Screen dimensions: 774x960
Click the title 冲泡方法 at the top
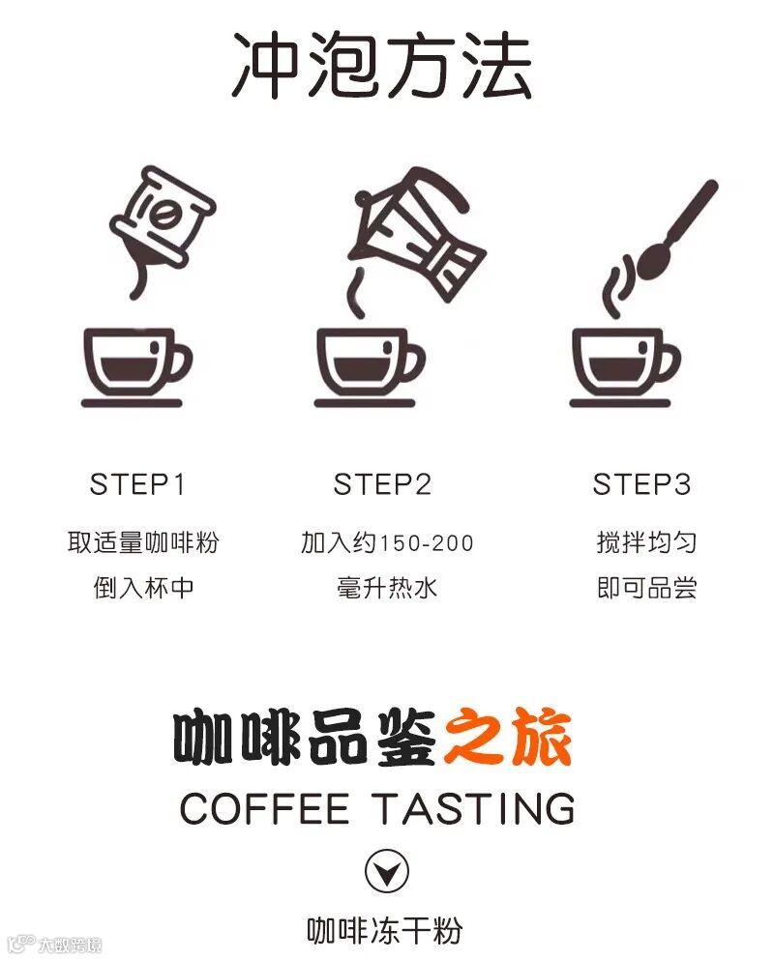point(381,66)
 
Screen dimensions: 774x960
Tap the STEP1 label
point(136,484)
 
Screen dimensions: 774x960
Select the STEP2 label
point(382,484)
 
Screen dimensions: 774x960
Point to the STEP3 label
point(641,484)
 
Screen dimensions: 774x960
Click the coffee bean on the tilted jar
point(164,216)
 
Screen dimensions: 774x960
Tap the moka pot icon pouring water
point(417,236)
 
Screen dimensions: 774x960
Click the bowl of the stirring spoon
point(655,261)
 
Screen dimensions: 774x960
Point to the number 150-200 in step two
point(427,543)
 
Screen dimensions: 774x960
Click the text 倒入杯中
point(143,588)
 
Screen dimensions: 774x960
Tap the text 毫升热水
point(387,588)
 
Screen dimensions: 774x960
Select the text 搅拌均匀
point(646,542)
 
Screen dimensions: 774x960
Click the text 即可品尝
point(646,588)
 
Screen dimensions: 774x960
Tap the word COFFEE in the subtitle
point(265,808)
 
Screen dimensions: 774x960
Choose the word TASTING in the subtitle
point(474,808)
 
